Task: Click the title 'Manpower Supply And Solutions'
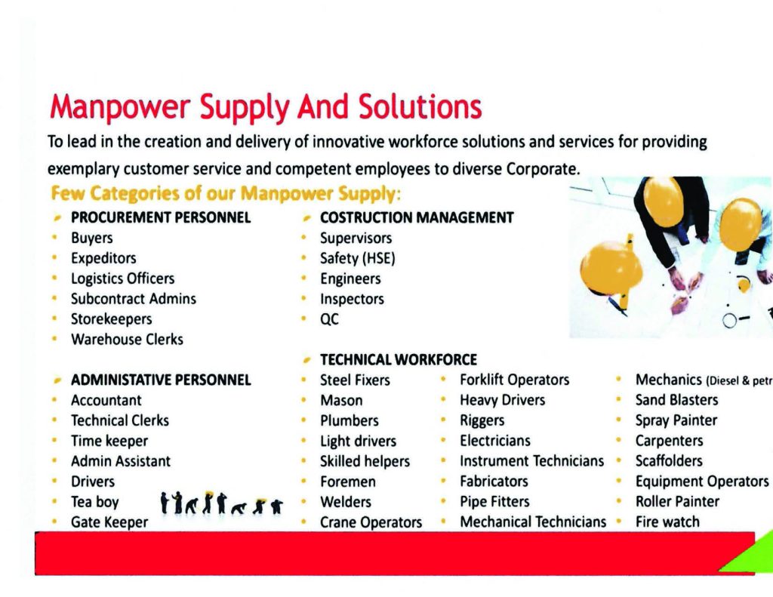click(x=266, y=107)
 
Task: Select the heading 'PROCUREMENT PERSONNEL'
click(x=161, y=217)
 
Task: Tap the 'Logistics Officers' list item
click(x=123, y=278)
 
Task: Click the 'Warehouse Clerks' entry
click(x=127, y=339)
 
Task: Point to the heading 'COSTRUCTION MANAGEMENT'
click(x=417, y=217)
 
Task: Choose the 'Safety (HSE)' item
click(x=358, y=258)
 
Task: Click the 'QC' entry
click(x=329, y=319)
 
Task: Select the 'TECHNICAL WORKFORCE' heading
click(x=399, y=359)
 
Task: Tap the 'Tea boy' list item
click(x=95, y=502)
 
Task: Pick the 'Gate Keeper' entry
click(x=109, y=522)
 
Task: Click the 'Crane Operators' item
click(x=371, y=522)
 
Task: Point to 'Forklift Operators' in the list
click(x=515, y=380)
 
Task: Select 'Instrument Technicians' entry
click(x=532, y=461)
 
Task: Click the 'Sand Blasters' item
click(x=677, y=400)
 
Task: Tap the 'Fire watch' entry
click(x=667, y=522)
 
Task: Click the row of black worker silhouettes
click(x=222, y=503)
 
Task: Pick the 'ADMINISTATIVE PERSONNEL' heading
click(x=162, y=380)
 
